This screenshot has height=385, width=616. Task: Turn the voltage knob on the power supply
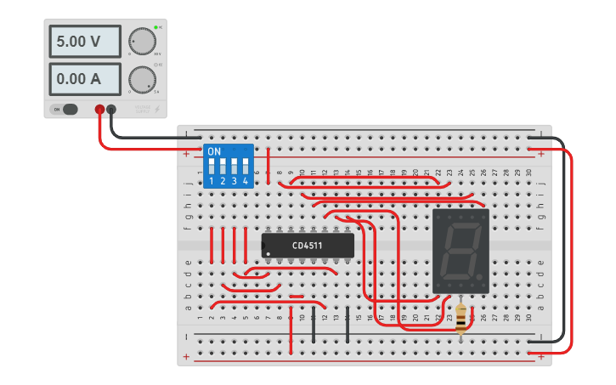tap(141, 41)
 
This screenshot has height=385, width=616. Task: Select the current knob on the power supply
tap(141, 79)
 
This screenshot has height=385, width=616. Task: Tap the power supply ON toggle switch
tap(65, 109)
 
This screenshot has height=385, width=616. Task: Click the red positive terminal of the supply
tap(99, 109)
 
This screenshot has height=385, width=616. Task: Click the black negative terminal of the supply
tap(111, 109)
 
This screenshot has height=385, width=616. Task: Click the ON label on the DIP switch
tap(214, 151)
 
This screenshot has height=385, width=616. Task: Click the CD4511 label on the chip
tap(308, 246)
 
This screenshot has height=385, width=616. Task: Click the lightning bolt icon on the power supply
tap(155, 109)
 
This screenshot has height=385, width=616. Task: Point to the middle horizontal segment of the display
tap(461, 252)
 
